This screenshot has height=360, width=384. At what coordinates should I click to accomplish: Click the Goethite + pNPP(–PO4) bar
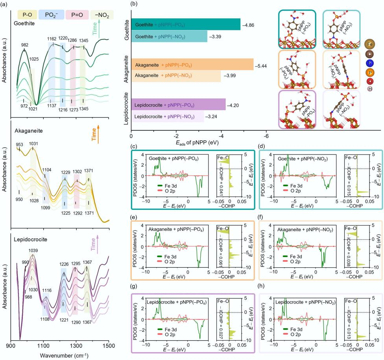tap(185, 24)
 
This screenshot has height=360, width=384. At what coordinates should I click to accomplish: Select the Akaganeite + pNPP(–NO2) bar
tap(175, 74)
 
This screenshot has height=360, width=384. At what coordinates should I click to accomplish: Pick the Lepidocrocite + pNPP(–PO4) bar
tap(178, 105)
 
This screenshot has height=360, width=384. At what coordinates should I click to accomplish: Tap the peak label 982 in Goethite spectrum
tap(24, 45)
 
